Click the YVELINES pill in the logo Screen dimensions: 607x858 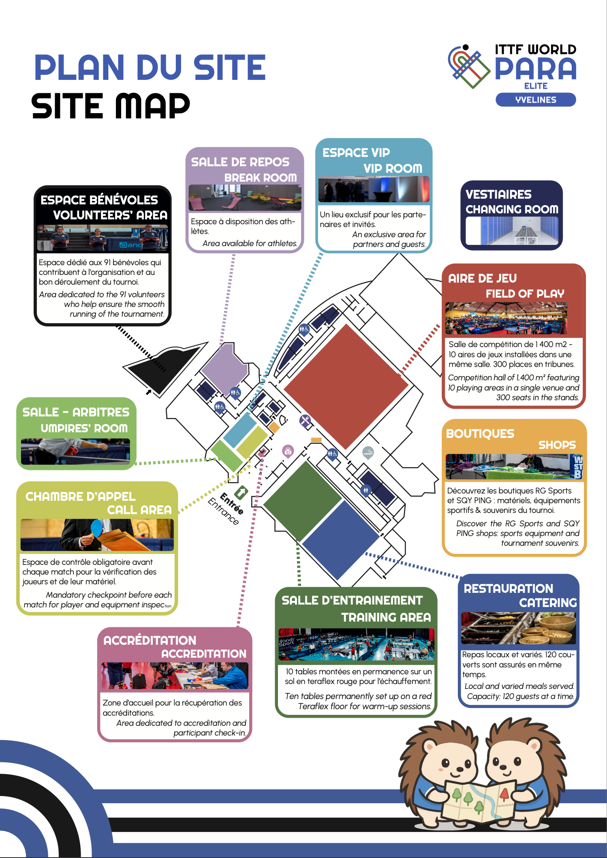pyautogui.click(x=535, y=100)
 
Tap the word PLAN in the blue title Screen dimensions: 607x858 pyautogui.click(x=79, y=68)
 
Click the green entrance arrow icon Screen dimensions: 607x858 pyautogui.click(x=241, y=493)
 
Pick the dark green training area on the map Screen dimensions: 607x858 pyautogui.click(x=302, y=501)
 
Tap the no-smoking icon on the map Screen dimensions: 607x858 pyautogui.click(x=368, y=452)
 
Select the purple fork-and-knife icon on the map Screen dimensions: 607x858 pyautogui.click(x=305, y=420)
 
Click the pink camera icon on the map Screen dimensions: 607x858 pyautogui.click(x=288, y=451)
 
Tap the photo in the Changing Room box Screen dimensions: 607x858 pyautogui.click(x=511, y=231)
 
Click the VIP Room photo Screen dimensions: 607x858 pyautogui.click(x=374, y=189)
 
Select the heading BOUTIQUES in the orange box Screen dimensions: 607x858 pyautogui.click(x=480, y=434)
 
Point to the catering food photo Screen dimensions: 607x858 pyautogui.click(x=518, y=628)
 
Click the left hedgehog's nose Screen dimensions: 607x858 pyautogui.click(x=460, y=769)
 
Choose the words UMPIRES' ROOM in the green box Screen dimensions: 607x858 pyautogui.click(x=84, y=428)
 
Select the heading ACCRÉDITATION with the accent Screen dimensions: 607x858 pyautogui.click(x=150, y=640)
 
